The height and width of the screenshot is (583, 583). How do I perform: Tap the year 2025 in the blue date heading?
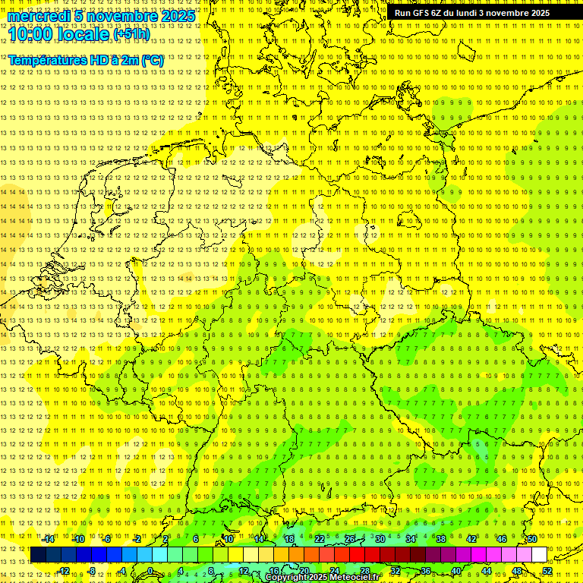pos(178,16)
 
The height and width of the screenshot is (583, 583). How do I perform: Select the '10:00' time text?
pos(30,34)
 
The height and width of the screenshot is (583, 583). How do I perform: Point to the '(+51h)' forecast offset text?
pos(131,34)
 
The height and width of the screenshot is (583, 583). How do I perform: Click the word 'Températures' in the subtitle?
pos(49,60)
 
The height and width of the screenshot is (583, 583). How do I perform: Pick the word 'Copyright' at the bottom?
pos(287,578)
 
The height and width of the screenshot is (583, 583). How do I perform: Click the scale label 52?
pos(547,571)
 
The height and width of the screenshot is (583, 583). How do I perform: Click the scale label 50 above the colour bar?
pos(532,539)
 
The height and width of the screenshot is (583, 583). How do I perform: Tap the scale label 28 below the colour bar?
pos(365,571)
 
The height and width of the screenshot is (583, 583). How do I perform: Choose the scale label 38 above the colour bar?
pos(441,539)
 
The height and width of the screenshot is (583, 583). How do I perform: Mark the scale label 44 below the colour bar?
pos(487,571)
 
